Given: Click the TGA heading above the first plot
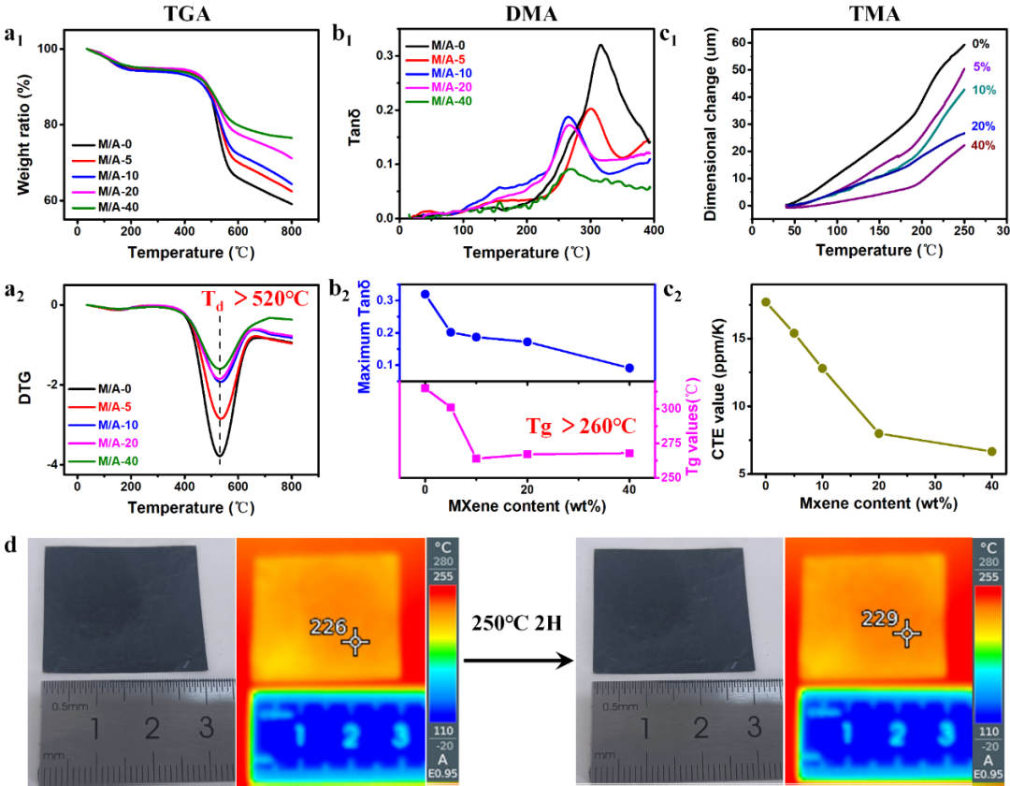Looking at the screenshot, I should tap(180, 13).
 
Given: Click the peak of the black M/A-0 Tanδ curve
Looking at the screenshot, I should tap(600, 45).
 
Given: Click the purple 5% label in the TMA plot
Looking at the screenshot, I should tap(981, 67).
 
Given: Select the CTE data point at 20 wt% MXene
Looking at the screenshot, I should tap(879, 433).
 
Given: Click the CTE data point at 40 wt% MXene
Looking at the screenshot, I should tap(991, 451).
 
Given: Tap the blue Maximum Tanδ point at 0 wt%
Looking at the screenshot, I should tap(426, 294).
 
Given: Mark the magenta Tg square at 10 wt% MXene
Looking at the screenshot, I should tap(476, 458).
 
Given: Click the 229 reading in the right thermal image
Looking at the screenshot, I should tap(881, 619).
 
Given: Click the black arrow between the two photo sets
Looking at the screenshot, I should tap(517, 661).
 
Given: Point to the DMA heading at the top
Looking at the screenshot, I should tap(529, 13).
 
